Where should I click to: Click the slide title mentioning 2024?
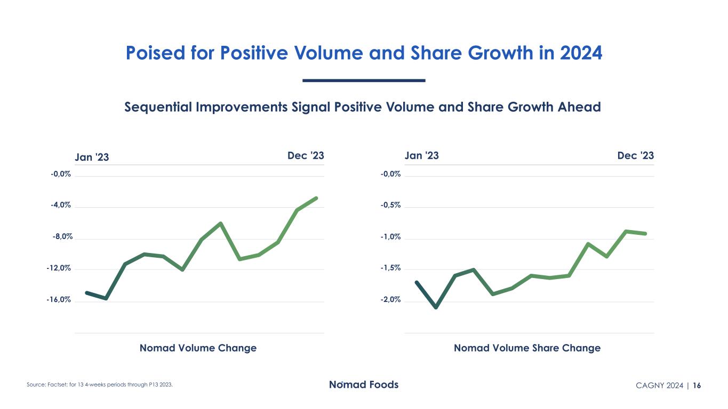(x=364, y=53)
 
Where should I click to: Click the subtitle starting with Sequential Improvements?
(x=363, y=107)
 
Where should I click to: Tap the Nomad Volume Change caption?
(x=198, y=348)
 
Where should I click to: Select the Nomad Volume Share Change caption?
(x=527, y=348)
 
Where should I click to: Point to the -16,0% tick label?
(x=58, y=300)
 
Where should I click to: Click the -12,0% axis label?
(x=58, y=268)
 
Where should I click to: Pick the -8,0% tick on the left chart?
(x=61, y=236)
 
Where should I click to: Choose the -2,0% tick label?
(x=390, y=300)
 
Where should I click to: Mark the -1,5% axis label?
(x=390, y=268)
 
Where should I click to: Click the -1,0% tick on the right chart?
(x=390, y=236)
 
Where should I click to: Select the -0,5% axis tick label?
(x=390, y=205)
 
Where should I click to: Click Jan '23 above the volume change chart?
(x=92, y=157)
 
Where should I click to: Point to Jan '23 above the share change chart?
(x=422, y=156)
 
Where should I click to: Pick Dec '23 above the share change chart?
(x=635, y=156)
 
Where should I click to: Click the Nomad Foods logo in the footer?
(x=363, y=385)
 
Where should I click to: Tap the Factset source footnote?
(x=100, y=385)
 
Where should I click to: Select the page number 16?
(x=698, y=386)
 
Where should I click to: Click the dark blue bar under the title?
(x=364, y=80)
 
